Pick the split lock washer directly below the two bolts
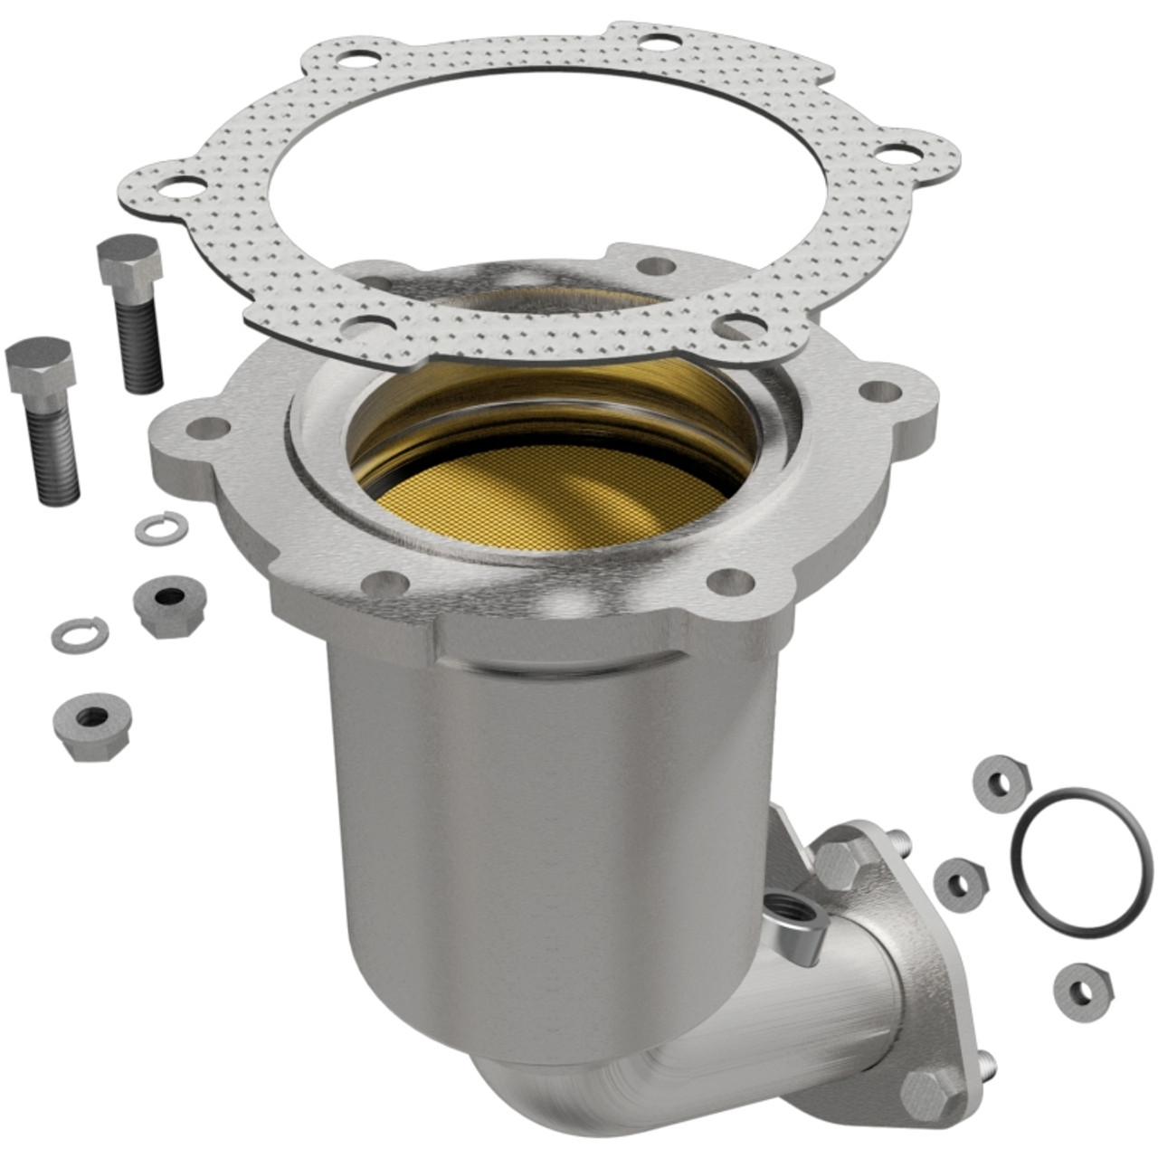pos(161,527)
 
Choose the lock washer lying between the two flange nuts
pos(80,634)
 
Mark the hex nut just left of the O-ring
pos(958,880)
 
